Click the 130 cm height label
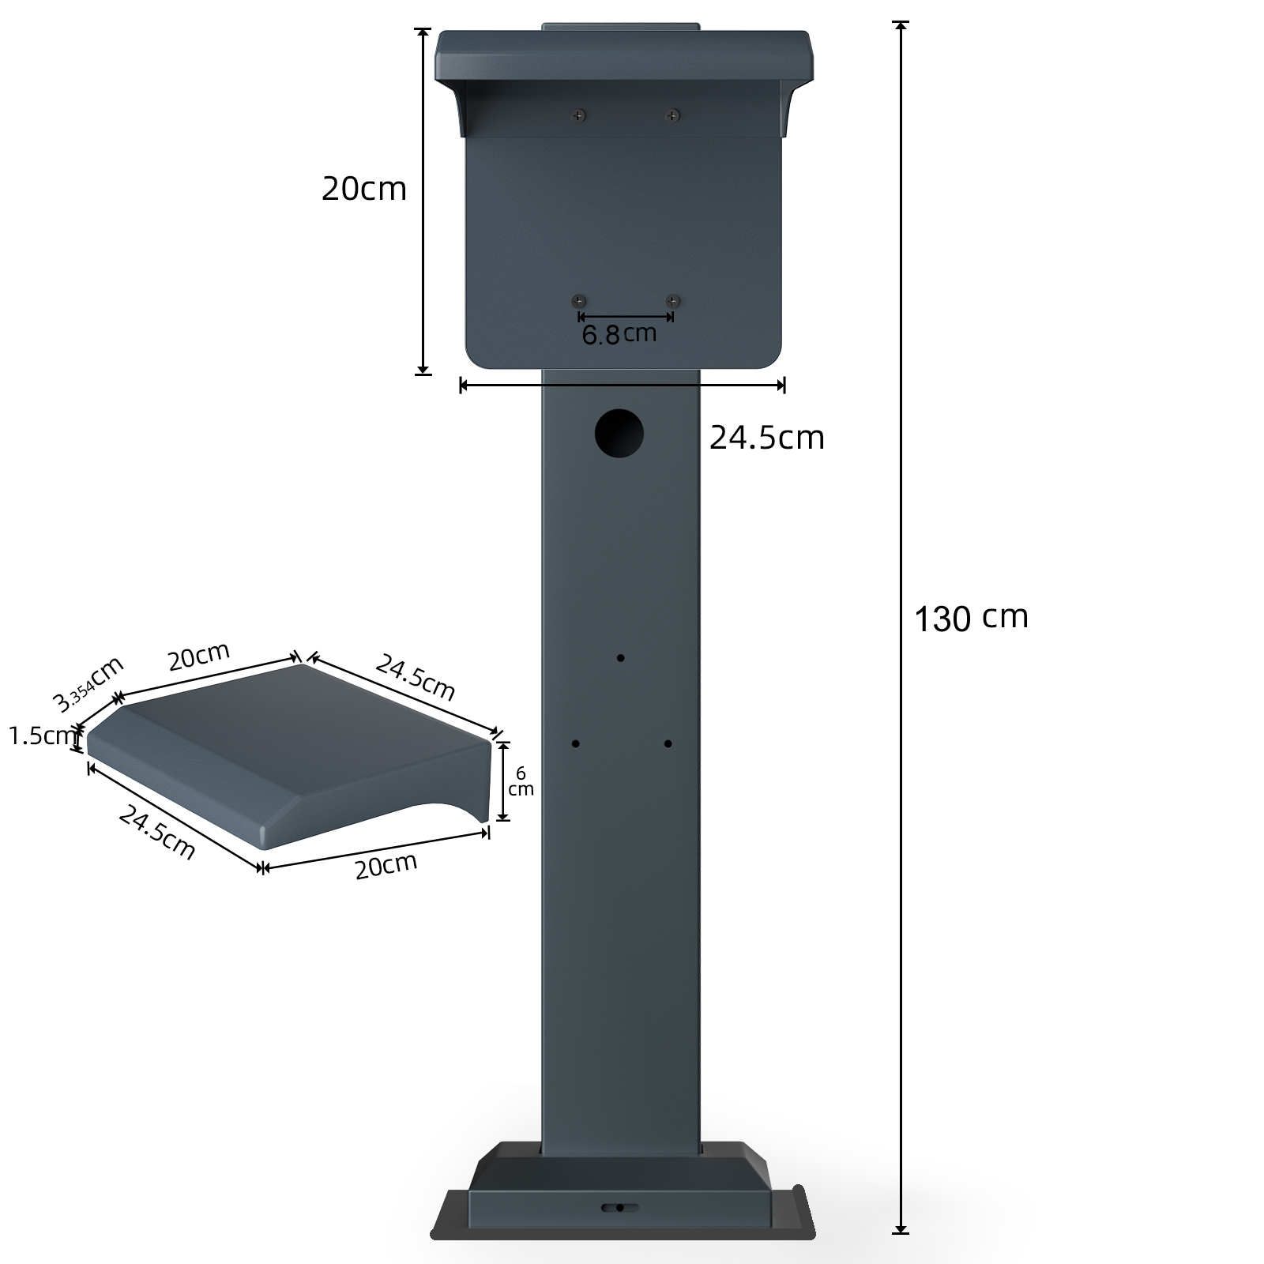pos(971,618)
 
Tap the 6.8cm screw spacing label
pos(619,334)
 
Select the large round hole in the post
pos(619,433)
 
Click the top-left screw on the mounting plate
pos(579,116)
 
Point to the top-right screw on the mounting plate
pos(672,116)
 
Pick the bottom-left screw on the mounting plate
pos(579,301)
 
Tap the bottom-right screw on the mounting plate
pos(672,301)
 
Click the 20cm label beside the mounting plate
pos(364,189)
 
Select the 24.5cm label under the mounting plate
pos(766,437)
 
